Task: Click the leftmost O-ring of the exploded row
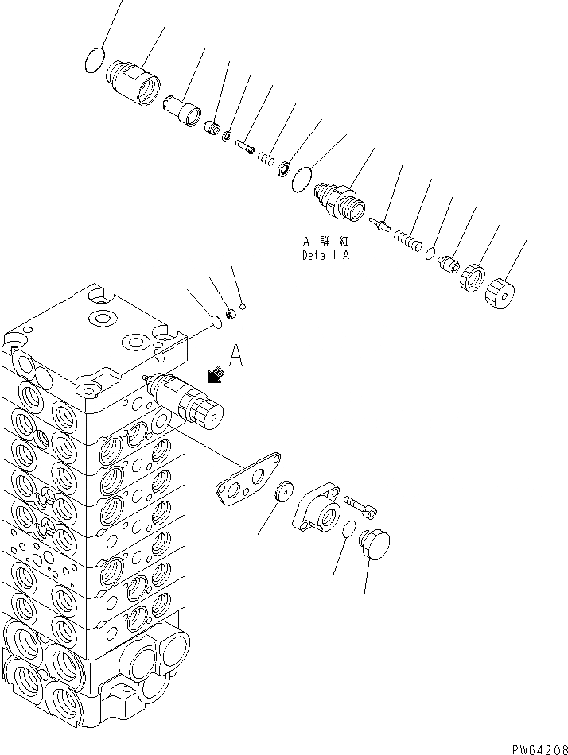[x=95, y=59]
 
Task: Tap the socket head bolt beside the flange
[x=360, y=505]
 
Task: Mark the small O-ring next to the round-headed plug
[x=347, y=529]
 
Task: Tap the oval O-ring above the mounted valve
[x=211, y=322]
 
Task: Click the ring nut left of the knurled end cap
[x=472, y=278]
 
